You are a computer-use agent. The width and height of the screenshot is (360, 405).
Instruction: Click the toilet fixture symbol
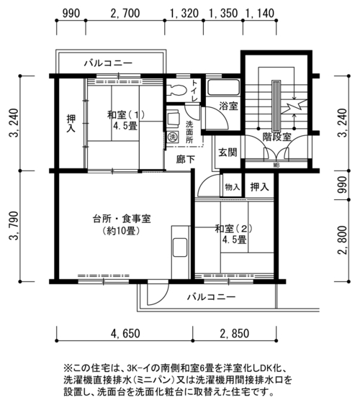pyautogui.click(x=177, y=90)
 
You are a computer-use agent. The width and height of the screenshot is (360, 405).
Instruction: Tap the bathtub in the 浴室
pyautogui.click(x=224, y=88)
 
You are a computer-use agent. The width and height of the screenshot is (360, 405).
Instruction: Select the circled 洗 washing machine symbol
pyautogui.click(x=172, y=137)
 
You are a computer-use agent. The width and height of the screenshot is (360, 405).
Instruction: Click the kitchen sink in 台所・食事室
pyautogui.click(x=180, y=247)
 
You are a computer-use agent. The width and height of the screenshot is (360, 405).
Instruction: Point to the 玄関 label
pyautogui.click(x=228, y=152)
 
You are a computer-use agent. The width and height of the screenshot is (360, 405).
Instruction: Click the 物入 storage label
pyautogui.click(x=232, y=187)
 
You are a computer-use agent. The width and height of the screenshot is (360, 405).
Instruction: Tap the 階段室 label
pyautogui.click(x=276, y=137)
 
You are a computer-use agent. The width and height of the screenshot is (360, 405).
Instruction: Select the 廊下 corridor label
pyautogui.click(x=185, y=160)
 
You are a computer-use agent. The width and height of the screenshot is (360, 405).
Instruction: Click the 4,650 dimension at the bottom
pyautogui.click(x=125, y=333)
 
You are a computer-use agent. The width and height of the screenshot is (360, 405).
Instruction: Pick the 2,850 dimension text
pyautogui.click(x=235, y=333)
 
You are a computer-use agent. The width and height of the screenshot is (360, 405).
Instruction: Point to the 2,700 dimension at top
pyautogui.click(x=125, y=13)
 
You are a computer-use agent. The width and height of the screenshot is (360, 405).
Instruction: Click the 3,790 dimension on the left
pyautogui.click(x=14, y=226)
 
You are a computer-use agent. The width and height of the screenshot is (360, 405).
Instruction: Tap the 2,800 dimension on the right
pyautogui.click(x=343, y=240)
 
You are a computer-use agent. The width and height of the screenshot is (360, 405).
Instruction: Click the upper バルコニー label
pyautogui.click(x=108, y=63)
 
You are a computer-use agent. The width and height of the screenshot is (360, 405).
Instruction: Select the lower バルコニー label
pyautogui.click(x=212, y=297)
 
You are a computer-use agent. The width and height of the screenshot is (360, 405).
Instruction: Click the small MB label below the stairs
pyautogui.click(x=276, y=165)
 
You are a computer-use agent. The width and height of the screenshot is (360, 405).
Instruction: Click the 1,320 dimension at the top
pyautogui.click(x=184, y=13)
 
